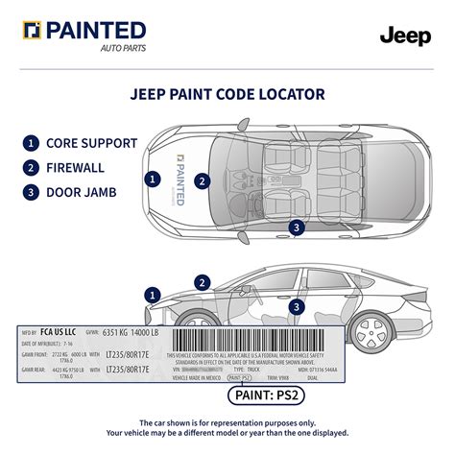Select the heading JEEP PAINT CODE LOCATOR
coord(227,95)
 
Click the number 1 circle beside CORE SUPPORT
coord(32,144)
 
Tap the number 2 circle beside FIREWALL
coord(32,167)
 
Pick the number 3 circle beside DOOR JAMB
coord(32,191)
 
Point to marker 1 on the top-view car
coord(152,179)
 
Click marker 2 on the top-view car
coord(202,180)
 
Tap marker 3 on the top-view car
coord(298,227)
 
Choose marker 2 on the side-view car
coord(202,281)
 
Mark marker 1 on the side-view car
coord(152,294)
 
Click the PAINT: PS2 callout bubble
coord(256,393)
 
